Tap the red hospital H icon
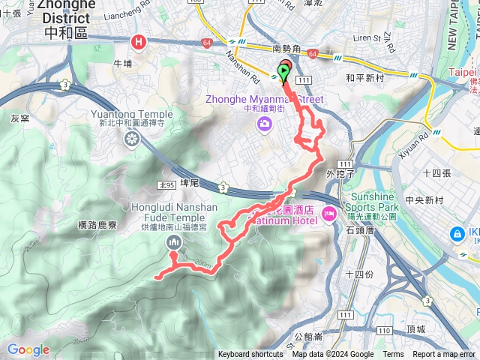[138, 43]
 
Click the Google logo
[28, 349]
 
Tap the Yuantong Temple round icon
[132, 139]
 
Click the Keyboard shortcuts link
[250, 355]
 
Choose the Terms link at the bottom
[393, 355]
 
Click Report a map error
[444, 355]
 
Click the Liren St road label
[372, 36]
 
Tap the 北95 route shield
[166, 184]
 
